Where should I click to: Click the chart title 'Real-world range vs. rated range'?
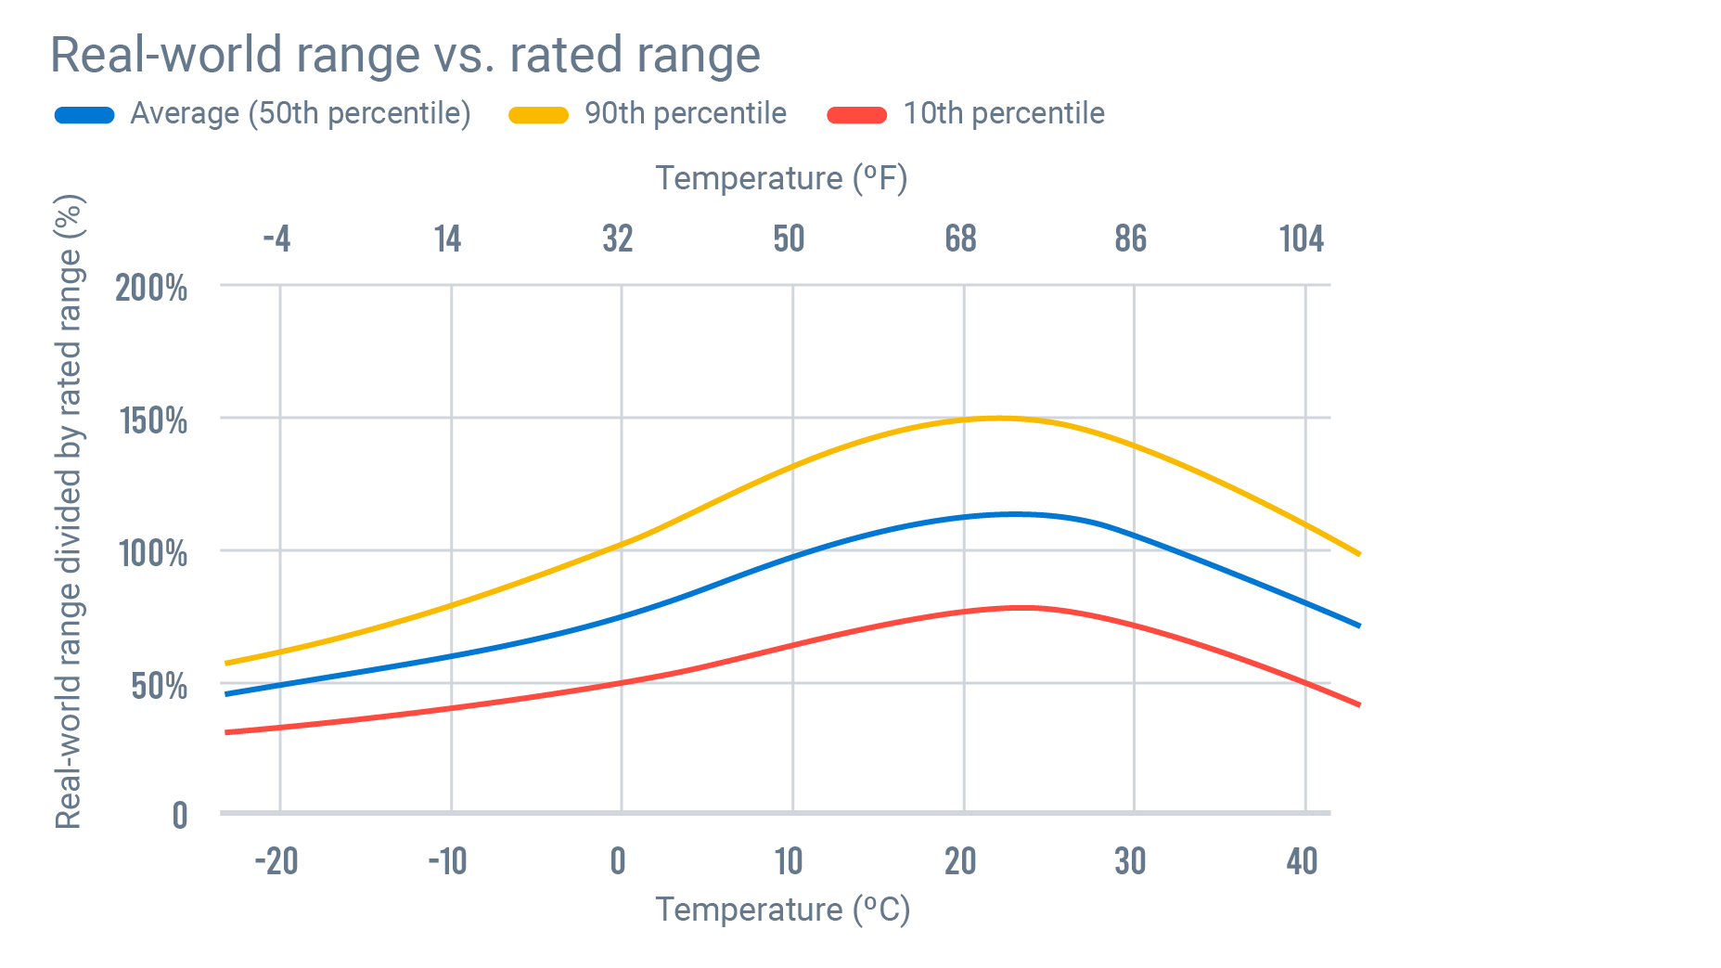click(x=405, y=55)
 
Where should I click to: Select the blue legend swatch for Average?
click(x=84, y=115)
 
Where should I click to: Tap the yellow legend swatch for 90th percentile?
click(x=538, y=115)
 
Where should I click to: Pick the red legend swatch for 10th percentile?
click(x=856, y=115)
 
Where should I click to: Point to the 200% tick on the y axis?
click(x=151, y=288)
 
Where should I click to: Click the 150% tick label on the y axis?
click(x=153, y=420)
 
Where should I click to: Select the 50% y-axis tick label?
click(x=159, y=686)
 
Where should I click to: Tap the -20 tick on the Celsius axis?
click(x=276, y=861)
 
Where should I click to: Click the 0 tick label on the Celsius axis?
click(x=618, y=861)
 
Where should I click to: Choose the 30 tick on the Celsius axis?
click(x=1130, y=861)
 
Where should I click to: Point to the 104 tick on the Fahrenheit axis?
click(x=1301, y=239)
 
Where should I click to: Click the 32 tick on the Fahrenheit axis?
click(x=618, y=239)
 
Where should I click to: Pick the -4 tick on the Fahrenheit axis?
click(x=276, y=239)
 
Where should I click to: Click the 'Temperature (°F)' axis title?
click(x=781, y=178)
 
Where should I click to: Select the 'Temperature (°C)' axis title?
click(x=783, y=910)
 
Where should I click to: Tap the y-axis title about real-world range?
click(x=70, y=510)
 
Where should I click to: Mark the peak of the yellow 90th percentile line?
click(x=997, y=418)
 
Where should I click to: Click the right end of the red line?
click(x=1358, y=704)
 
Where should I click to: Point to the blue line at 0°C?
click(x=622, y=616)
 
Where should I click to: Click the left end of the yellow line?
click(x=227, y=664)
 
